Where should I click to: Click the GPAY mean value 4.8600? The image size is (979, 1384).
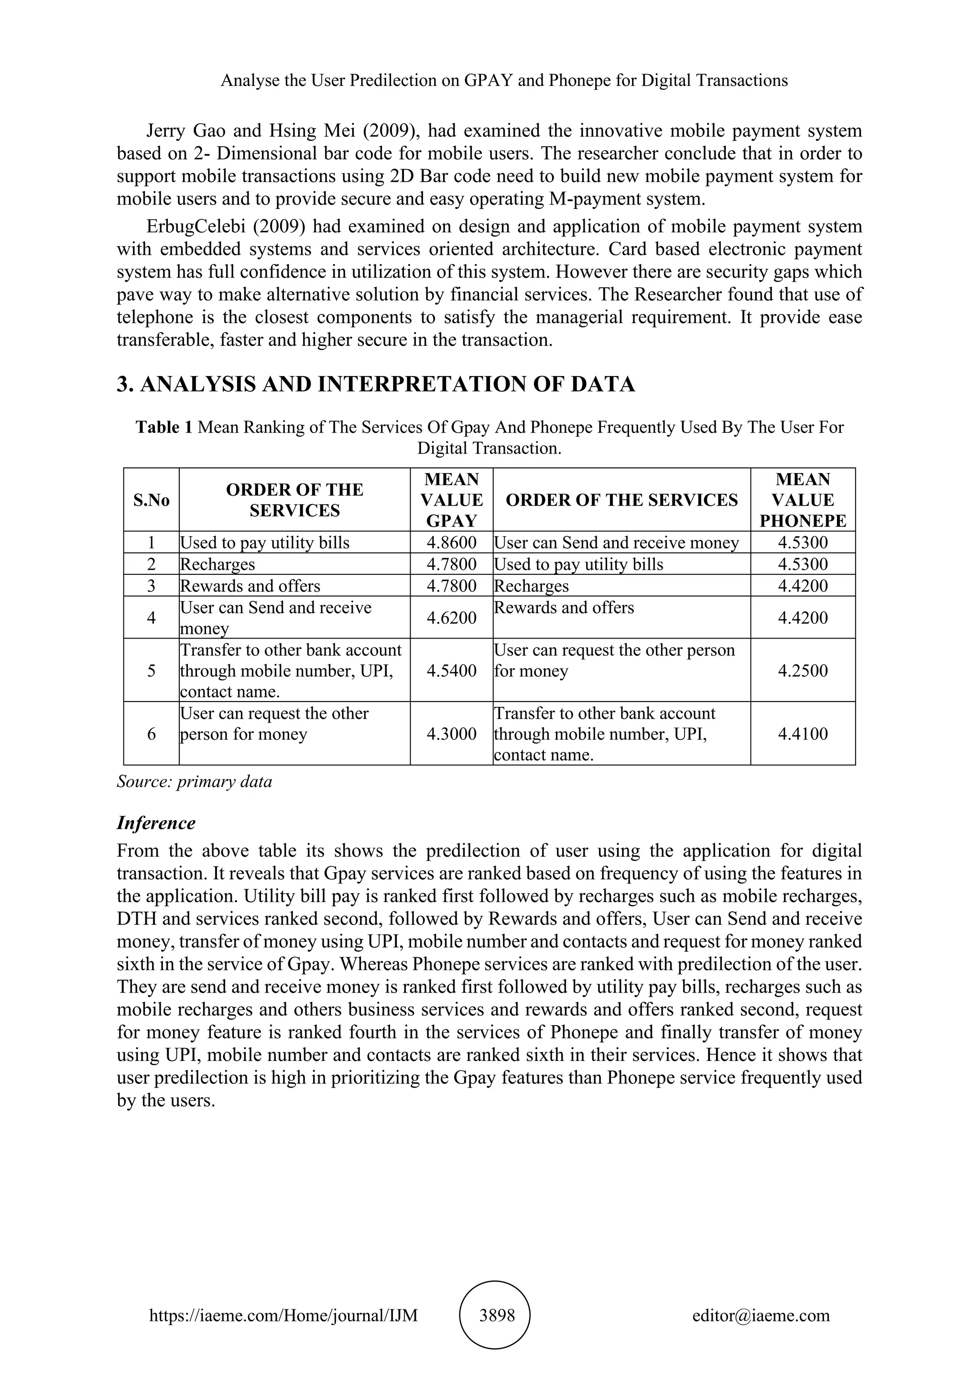pos(452,542)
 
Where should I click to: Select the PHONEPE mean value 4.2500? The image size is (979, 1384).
pos(803,670)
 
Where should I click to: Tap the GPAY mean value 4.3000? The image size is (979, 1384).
pos(452,734)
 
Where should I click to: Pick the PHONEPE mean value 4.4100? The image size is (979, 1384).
pos(803,734)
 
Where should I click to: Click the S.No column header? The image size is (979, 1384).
pos(152,500)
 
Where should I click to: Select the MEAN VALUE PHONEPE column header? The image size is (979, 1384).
pos(803,500)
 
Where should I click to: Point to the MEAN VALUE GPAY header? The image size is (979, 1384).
pos(452,500)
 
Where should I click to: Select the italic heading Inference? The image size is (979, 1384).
pos(156,823)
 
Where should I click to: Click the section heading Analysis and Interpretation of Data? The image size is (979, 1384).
pos(376,384)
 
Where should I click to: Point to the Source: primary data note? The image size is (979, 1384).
pos(194,782)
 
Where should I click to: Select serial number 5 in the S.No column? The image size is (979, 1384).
pos(152,670)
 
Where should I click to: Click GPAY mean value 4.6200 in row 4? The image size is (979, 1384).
pos(452,618)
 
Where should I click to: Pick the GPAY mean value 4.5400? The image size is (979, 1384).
pos(452,670)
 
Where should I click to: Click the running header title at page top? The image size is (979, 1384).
pos(504,80)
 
